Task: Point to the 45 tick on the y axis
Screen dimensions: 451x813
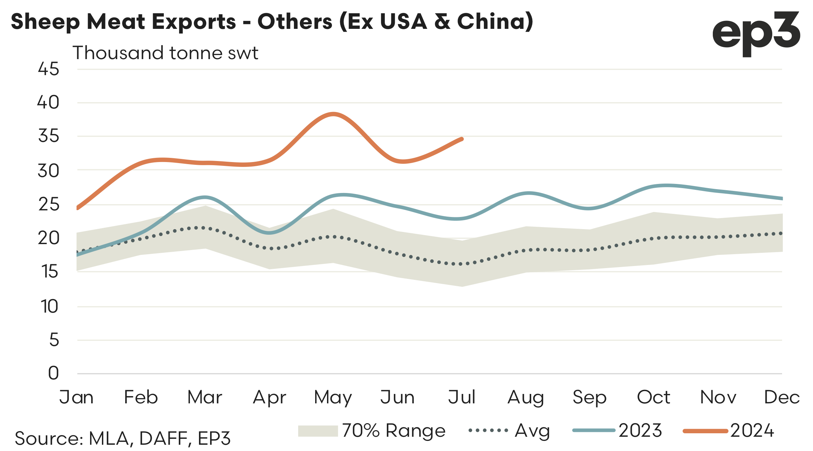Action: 48,69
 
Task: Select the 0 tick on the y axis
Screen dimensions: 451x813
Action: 53,373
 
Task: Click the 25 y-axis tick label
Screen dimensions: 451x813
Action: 48,204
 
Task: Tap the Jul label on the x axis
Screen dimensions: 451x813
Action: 462,397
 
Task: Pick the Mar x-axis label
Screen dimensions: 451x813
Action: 205,397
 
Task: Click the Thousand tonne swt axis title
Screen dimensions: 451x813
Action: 165,53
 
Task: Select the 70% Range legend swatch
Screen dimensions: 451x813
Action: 318,431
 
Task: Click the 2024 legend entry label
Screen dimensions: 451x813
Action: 752,431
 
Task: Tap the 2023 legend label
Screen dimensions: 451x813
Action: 640,431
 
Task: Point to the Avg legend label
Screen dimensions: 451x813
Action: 532,431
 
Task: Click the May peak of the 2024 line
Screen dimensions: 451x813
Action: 333,114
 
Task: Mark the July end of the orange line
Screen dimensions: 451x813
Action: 462,139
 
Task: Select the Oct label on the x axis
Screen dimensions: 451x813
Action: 653,397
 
